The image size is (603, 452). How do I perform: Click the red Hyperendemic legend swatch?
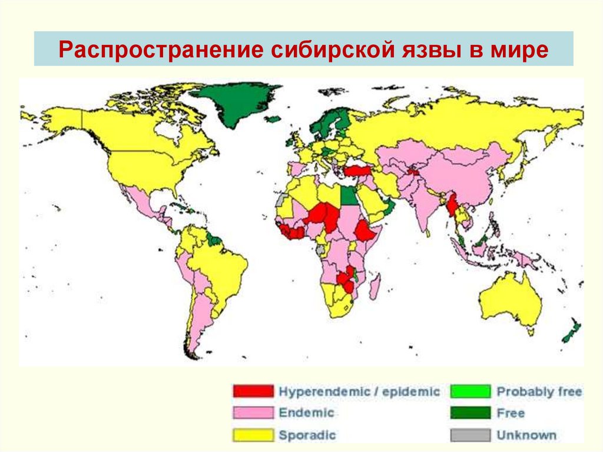253,391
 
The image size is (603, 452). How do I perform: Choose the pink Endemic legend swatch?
253,413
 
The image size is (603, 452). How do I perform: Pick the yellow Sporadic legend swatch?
253,435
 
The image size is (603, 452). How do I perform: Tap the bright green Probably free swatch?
471,391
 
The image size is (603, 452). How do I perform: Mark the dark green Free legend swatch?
471,413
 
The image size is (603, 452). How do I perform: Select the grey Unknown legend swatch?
471,435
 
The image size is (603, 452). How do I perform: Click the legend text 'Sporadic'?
307,435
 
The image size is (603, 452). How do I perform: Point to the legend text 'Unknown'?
526,435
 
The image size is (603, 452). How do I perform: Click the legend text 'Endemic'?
306,413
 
